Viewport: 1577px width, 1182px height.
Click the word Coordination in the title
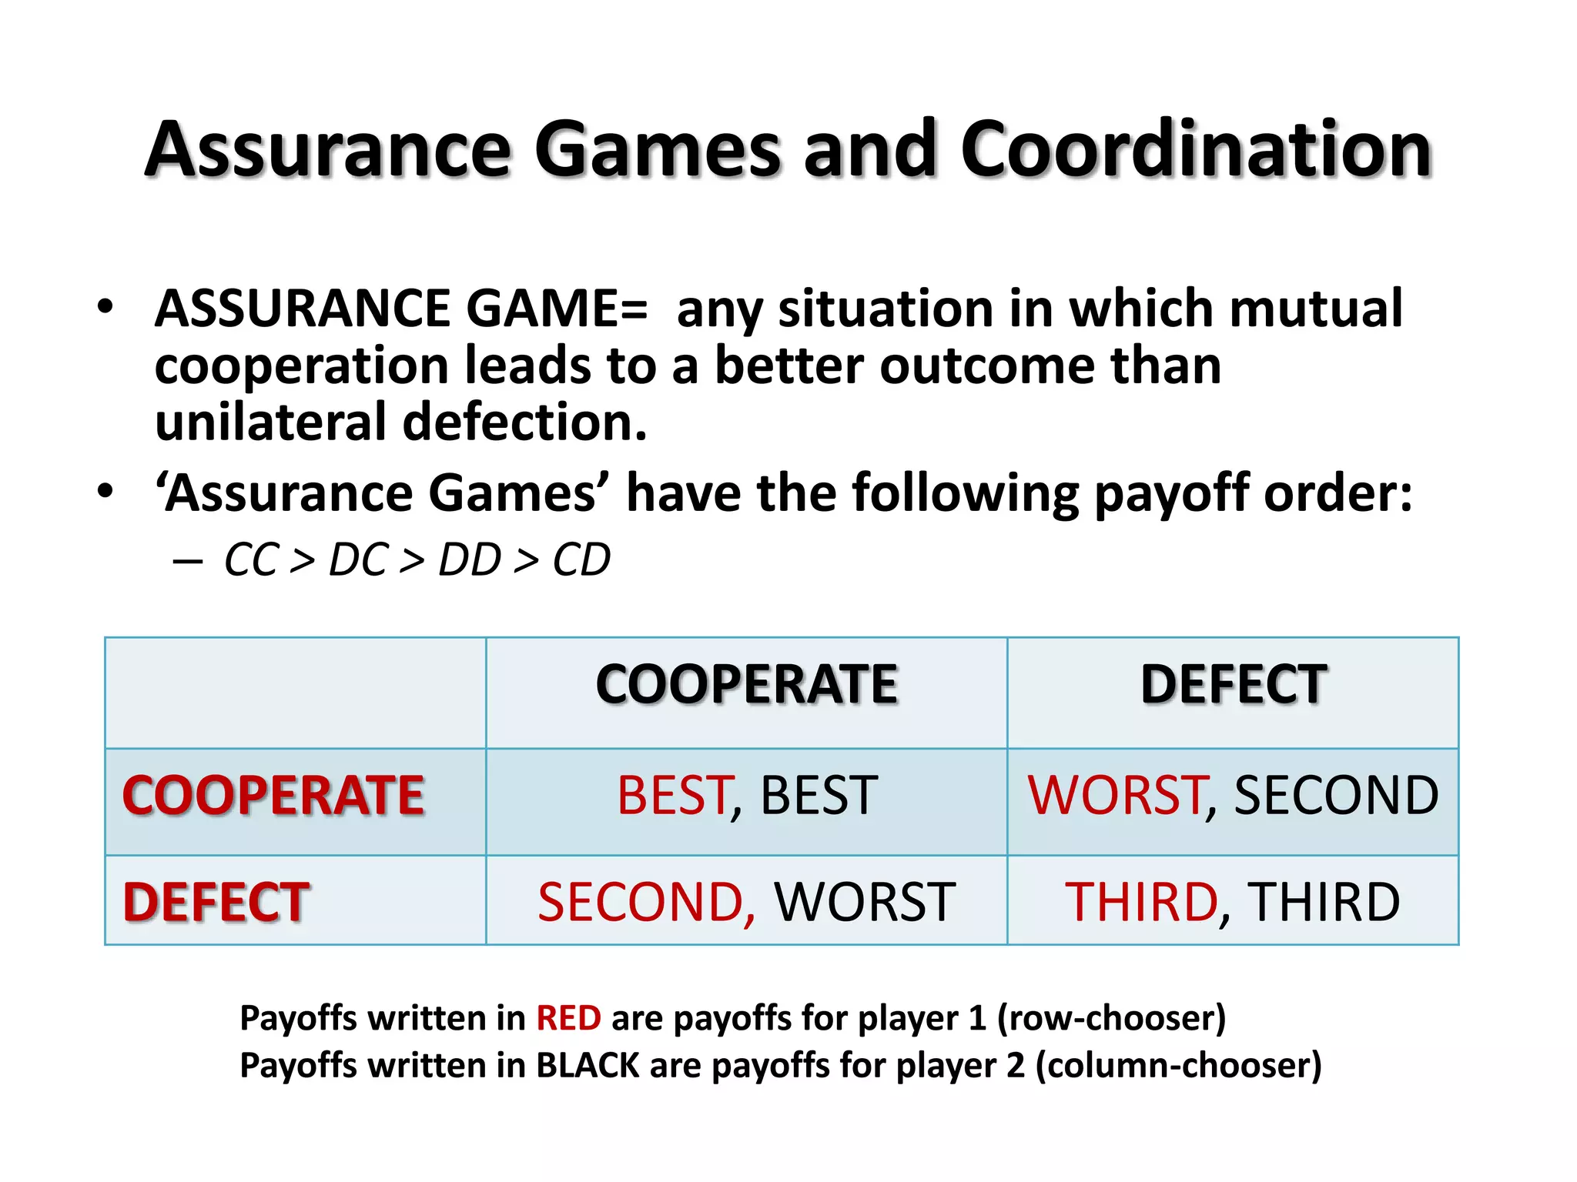pyautogui.click(x=1195, y=150)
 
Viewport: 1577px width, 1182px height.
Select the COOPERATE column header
pyautogui.click(x=746, y=684)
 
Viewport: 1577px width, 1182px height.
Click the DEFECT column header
pyautogui.click(x=1233, y=684)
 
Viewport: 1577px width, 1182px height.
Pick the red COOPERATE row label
pyautogui.click(x=273, y=796)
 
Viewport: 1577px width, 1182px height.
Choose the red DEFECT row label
pyautogui.click(x=216, y=902)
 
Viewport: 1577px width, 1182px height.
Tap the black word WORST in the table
pyautogui.click(x=864, y=902)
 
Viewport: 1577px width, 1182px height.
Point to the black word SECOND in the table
pyautogui.click(x=1336, y=796)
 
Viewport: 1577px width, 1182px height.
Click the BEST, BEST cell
pyautogui.click(x=746, y=796)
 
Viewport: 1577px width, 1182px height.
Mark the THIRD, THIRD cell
pyautogui.click(x=1233, y=902)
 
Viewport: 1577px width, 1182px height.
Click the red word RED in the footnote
pyautogui.click(x=568, y=1018)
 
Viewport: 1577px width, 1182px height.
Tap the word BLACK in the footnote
pyautogui.click(x=588, y=1066)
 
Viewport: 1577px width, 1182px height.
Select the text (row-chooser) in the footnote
pyautogui.click(x=1111, y=1018)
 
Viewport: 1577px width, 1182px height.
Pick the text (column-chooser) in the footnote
pyautogui.click(x=1178, y=1066)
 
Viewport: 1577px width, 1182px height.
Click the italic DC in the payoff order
pyautogui.click(x=357, y=559)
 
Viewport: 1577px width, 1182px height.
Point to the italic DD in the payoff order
pyautogui.click(x=469, y=559)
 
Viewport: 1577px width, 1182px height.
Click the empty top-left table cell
pyautogui.click(x=295, y=693)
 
